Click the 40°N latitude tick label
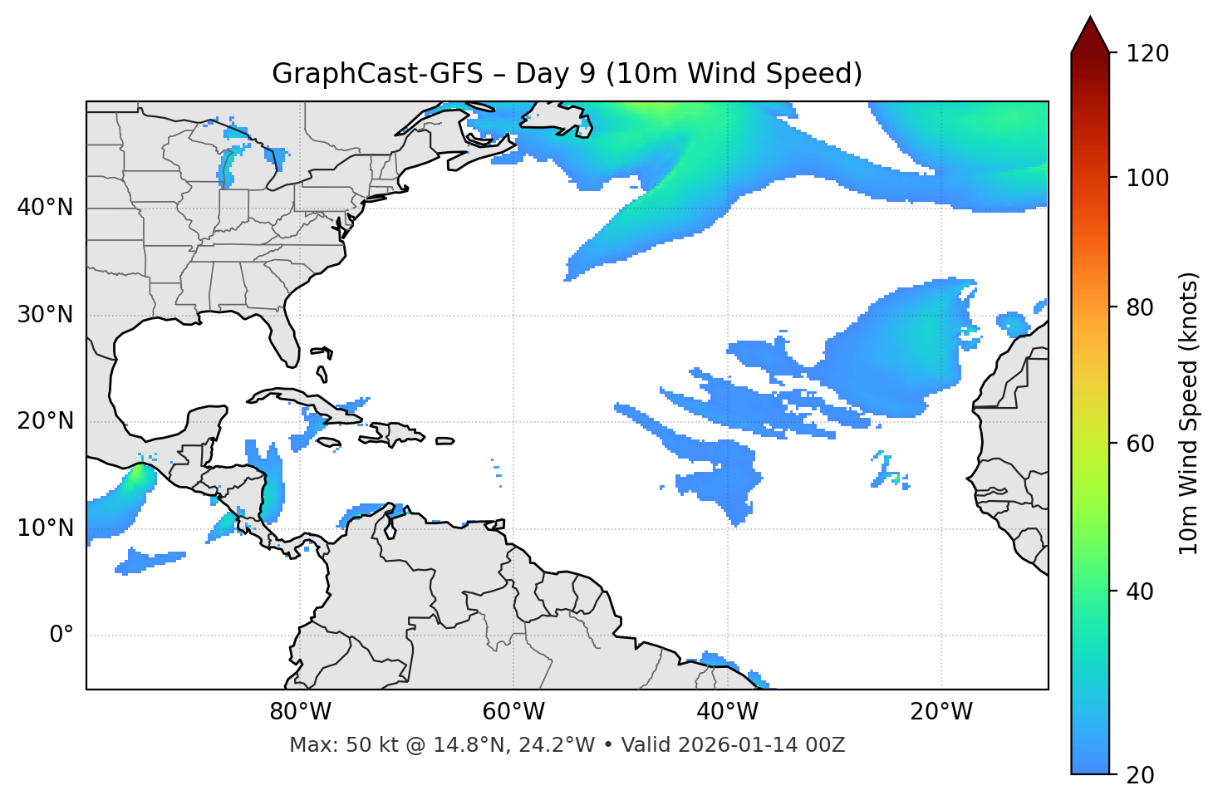[x=45, y=208]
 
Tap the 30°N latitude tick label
[x=45, y=315]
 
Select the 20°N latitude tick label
[x=45, y=421]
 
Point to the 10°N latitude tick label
[x=45, y=528]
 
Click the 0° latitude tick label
[x=61, y=636]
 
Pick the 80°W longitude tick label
[x=300, y=712]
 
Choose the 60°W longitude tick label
[x=513, y=712]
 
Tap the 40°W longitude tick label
[x=727, y=712]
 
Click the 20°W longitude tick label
[x=941, y=712]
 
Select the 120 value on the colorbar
[x=1147, y=54]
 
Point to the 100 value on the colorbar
[x=1147, y=178]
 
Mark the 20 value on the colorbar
[x=1140, y=775]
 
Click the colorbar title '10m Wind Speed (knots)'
[x=1189, y=414]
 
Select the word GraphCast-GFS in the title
[x=377, y=74]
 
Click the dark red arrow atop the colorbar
[x=1090, y=35]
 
